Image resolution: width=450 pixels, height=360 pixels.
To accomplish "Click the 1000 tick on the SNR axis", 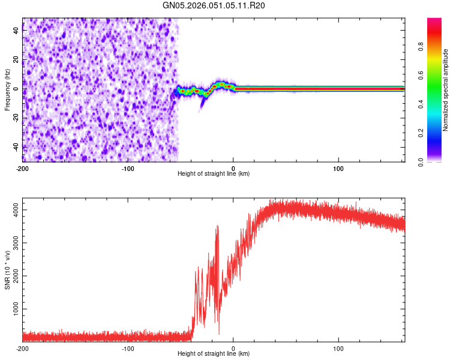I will click(12, 309).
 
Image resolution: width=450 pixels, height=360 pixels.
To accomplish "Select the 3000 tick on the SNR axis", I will click(12, 242).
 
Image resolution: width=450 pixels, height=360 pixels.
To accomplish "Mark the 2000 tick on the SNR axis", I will click(12, 276).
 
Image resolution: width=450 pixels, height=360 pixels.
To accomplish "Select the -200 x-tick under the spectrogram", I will click(23, 167).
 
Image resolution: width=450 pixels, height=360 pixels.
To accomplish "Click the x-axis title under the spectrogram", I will click(214, 174).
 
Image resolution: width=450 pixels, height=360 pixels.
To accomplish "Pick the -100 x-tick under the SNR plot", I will click(128, 349).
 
